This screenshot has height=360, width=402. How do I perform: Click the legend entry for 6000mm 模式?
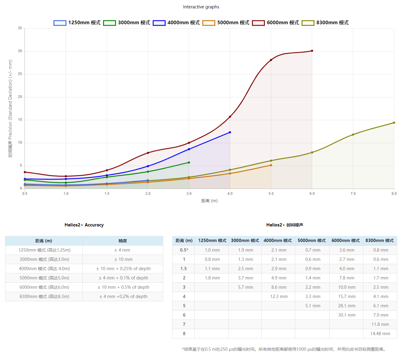click(x=276, y=23)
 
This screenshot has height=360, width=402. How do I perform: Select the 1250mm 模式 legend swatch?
click(x=60, y=23)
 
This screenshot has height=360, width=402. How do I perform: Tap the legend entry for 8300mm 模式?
click(x=325, y=23)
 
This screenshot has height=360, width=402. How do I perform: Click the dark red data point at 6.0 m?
click(x=312, y=51)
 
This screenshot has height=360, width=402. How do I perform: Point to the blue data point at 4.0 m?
click(x=230, y=132)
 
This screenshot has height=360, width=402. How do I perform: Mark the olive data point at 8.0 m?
click(x=394, y=122)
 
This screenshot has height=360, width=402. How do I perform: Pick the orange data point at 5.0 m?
click(x=271, y=165)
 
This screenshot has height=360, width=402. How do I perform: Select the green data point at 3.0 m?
click(x=189, y=163)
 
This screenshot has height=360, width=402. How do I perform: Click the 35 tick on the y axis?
click(x=20, y=28)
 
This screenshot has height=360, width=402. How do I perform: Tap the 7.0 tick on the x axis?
click(x=353, y=194)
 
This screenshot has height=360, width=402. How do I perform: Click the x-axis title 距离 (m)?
click(x=209, y=201)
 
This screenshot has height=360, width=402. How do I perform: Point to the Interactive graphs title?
click(x=201, y=7)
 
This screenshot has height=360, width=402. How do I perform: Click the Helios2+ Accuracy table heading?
click(x=84, y=225)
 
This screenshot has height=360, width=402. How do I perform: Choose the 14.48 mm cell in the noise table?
click(x=380, y=334)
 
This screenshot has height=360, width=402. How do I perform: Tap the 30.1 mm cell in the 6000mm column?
click(x=347, y=315)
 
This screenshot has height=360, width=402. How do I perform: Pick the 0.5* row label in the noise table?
click(x=184, y=250)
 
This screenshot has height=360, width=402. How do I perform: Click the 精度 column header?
click(x=123, y=241)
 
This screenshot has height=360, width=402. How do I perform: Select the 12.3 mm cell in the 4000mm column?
click(x=279, y=297)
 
